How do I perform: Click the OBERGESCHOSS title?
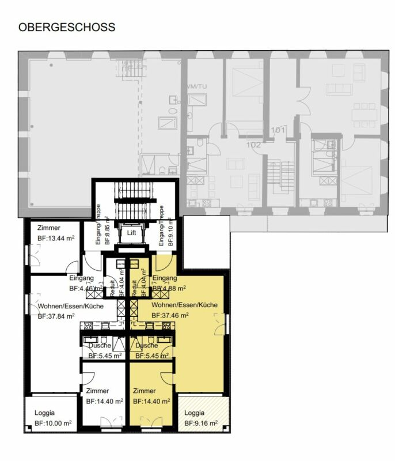pyautogui.click(x=67, y=27)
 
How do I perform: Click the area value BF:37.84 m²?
pyautogui.click(x=56, y=316)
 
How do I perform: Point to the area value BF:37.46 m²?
pyautogui.click(x=171, y=316)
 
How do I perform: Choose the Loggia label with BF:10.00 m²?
pyautogui.click(x=44, y=413)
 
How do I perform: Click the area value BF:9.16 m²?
pyautogui.click(x=202, y=424)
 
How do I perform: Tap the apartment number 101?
pyautogui.click(x=278, y=130)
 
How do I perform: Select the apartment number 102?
pyautogui.click(x=253, y=145)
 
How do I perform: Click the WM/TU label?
pyautogui.click(x=195, y=86)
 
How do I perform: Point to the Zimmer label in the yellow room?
pyautogui.click(x=145, y=391)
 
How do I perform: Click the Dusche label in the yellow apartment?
pyautogui.click(x=147, y=346)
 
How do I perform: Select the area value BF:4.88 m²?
pyautogui.click(x=169, y=288)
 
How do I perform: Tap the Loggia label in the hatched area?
pyautogui.click(x=194, y=413)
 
